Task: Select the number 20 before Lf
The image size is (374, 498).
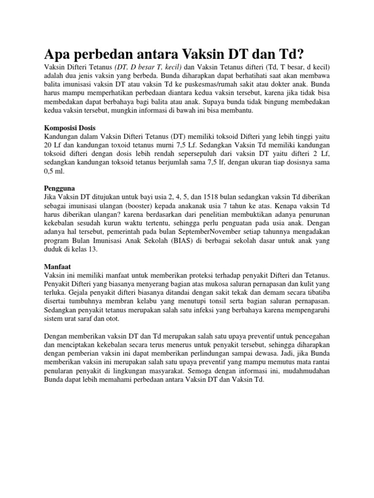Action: click(48, 145)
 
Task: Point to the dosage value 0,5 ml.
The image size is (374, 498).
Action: click(54, 172)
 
